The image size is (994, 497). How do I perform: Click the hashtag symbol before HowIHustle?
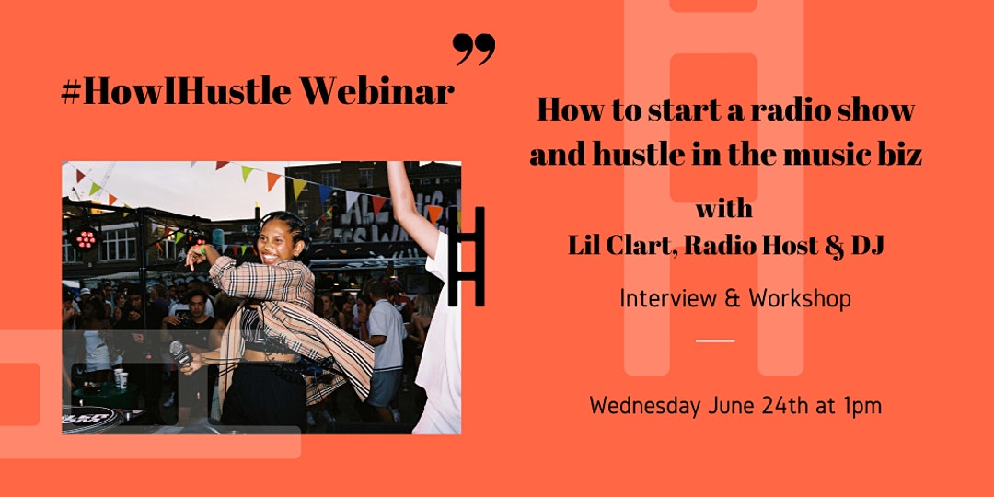(x=71, y=92)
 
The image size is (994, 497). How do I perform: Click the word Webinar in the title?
(x=376, y=91)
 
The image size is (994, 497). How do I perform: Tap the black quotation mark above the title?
(x=474, y=50)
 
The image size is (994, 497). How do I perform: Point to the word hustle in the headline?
(x=650, y=154)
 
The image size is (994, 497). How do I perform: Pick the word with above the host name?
(x=724, y=209)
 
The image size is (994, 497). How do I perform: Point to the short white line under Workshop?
(x=715, y=341)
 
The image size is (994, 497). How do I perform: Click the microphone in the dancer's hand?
(x=179, y=353)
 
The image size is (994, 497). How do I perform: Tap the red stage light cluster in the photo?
(x=85, y=238)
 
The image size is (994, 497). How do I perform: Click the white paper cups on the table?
(x=119, y=378)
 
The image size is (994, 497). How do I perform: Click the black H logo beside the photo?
(x=466, y=256)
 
